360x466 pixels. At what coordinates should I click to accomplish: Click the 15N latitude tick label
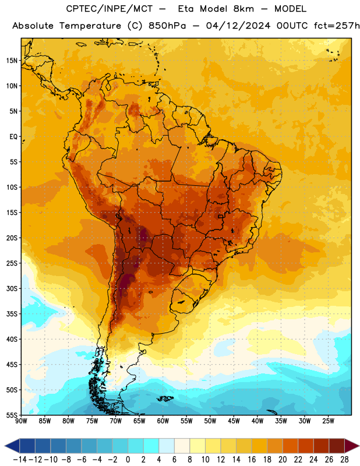click(12, 61)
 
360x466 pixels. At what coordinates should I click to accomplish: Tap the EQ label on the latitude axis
click(13, 137)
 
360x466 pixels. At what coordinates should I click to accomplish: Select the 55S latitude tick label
click(12, 415)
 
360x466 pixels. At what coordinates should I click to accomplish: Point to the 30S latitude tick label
click(12, 288)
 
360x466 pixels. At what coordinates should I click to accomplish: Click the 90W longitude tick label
click(22, 421)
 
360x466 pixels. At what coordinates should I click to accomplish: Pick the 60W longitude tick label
click(163, 421)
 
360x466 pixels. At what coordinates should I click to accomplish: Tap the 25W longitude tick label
click(328, 421)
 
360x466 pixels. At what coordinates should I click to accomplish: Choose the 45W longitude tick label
click(234, 421)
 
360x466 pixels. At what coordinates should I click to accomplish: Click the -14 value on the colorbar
click(20, 460)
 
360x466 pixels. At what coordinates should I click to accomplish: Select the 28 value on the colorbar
click(344, 460)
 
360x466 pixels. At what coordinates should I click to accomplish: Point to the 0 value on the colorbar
click(128, 460)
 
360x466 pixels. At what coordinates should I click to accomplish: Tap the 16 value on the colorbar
click(252, 460)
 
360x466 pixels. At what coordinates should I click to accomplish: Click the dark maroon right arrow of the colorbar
click(351, 446)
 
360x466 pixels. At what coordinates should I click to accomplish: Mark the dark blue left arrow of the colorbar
click(12, 446)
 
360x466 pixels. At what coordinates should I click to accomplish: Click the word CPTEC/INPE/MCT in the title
click(109, 9)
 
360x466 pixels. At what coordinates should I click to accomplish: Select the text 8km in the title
click(243, 9)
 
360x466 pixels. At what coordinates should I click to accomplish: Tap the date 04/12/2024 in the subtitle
click(238, 26)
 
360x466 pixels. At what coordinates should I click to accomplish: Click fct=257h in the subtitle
click(337, 26)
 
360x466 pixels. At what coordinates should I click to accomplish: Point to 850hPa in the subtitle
click(167, 26)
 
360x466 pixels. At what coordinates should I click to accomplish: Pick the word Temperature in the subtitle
click(90, 26)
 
